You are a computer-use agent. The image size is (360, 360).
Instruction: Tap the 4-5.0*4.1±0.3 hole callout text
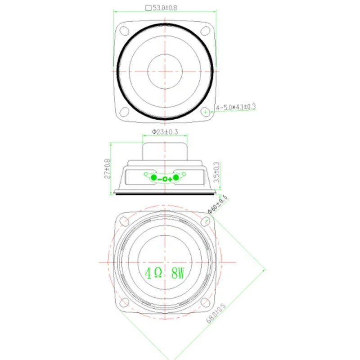(236, 107)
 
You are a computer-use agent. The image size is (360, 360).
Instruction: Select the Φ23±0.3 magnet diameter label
(165, 132)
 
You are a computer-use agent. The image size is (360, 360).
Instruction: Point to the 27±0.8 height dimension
(107, 168)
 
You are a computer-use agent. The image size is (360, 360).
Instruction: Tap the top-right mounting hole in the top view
(206, 31)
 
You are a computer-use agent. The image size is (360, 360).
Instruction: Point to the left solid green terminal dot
(153, 179)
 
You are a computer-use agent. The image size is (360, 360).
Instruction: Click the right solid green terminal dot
(176, 179)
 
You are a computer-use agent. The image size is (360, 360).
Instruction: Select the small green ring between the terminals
(165, 180)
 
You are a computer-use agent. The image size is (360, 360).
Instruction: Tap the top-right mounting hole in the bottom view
(206, 220)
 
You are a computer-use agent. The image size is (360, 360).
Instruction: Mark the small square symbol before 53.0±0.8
(148, 8)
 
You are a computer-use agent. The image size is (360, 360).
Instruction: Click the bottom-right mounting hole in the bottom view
(206, 302)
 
